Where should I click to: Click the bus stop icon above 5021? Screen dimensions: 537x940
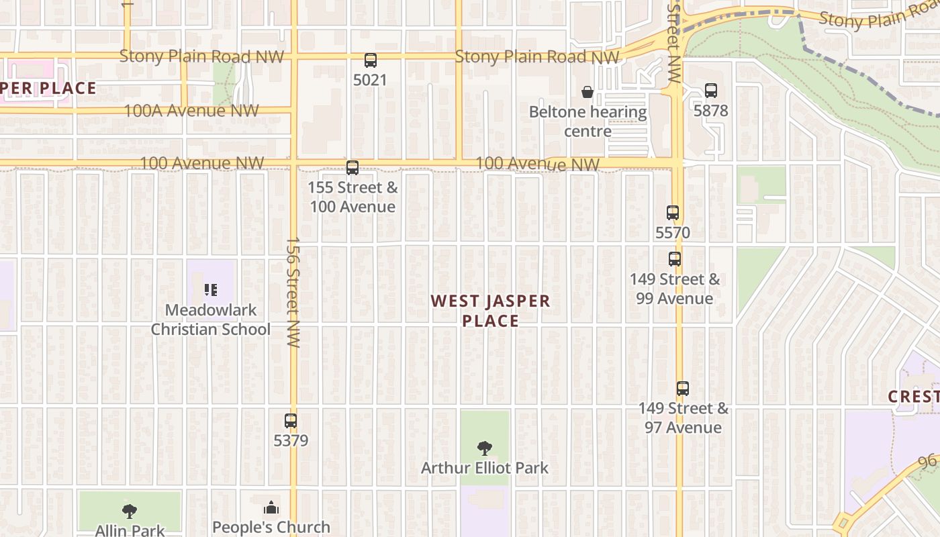tap(371, 60)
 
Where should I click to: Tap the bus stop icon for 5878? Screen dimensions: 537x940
tap(711, 91)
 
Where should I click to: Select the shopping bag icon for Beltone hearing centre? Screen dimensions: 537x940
tap(587, 92)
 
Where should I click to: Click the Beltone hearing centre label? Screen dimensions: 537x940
tap(587, 121)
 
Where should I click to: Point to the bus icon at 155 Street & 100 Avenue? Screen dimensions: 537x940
tap(352, 168)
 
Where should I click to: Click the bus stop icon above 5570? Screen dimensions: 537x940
tap(673, 213)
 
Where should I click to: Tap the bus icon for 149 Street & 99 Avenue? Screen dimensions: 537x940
tap(675, 259)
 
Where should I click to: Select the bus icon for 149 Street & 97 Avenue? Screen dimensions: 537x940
tap(683, 388)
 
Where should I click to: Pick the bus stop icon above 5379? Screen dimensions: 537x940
tap(291, 421)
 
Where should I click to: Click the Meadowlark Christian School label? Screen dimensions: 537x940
tap(210, 320)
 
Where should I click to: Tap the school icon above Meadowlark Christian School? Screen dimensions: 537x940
tap(211, 290)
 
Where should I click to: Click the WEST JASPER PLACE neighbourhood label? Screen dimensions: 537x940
tap(491, 311)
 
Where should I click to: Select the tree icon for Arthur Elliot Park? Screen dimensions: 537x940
tap(484, 448)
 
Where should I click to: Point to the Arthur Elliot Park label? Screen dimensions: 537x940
tap(484, 468)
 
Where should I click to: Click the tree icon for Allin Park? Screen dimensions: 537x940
tap(130, 511)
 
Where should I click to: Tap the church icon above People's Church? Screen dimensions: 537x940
tap(271, 507)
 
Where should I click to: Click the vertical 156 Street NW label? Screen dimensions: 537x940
tap(293, 291)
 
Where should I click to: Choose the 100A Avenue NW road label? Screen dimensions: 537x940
tap(191, 111)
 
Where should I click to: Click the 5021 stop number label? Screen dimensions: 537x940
tap(371, 80)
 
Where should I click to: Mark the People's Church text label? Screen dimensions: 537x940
tap(271, 527)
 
